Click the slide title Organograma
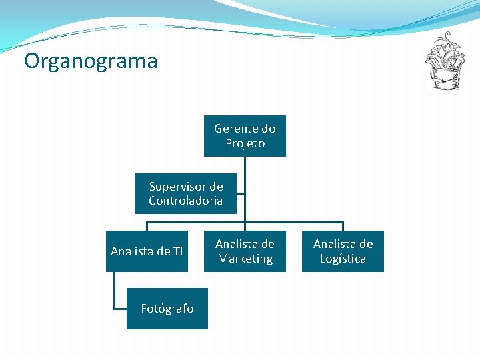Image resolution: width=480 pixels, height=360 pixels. coord(91,61)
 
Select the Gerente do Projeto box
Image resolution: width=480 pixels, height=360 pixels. coord(245,136)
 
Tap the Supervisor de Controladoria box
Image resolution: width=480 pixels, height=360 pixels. coord(185,194)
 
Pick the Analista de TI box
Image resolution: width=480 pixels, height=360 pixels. coord(147,251)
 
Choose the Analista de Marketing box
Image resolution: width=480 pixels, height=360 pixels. coord(245,251)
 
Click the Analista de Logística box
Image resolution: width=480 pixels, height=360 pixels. coord(343,251)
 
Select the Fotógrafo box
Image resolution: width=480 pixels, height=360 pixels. coord(167,309)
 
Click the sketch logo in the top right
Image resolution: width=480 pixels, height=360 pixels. coord(444,61)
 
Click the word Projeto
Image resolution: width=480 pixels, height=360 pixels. coord(245,143)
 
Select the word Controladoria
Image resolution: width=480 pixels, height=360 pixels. coord(185,201)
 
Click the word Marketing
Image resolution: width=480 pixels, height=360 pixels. coord(245,259)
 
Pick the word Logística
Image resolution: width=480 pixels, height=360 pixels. coord(343,259)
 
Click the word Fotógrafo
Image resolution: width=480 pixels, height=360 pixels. coord(167,309)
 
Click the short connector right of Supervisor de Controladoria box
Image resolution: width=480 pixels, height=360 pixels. coord(241,195)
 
